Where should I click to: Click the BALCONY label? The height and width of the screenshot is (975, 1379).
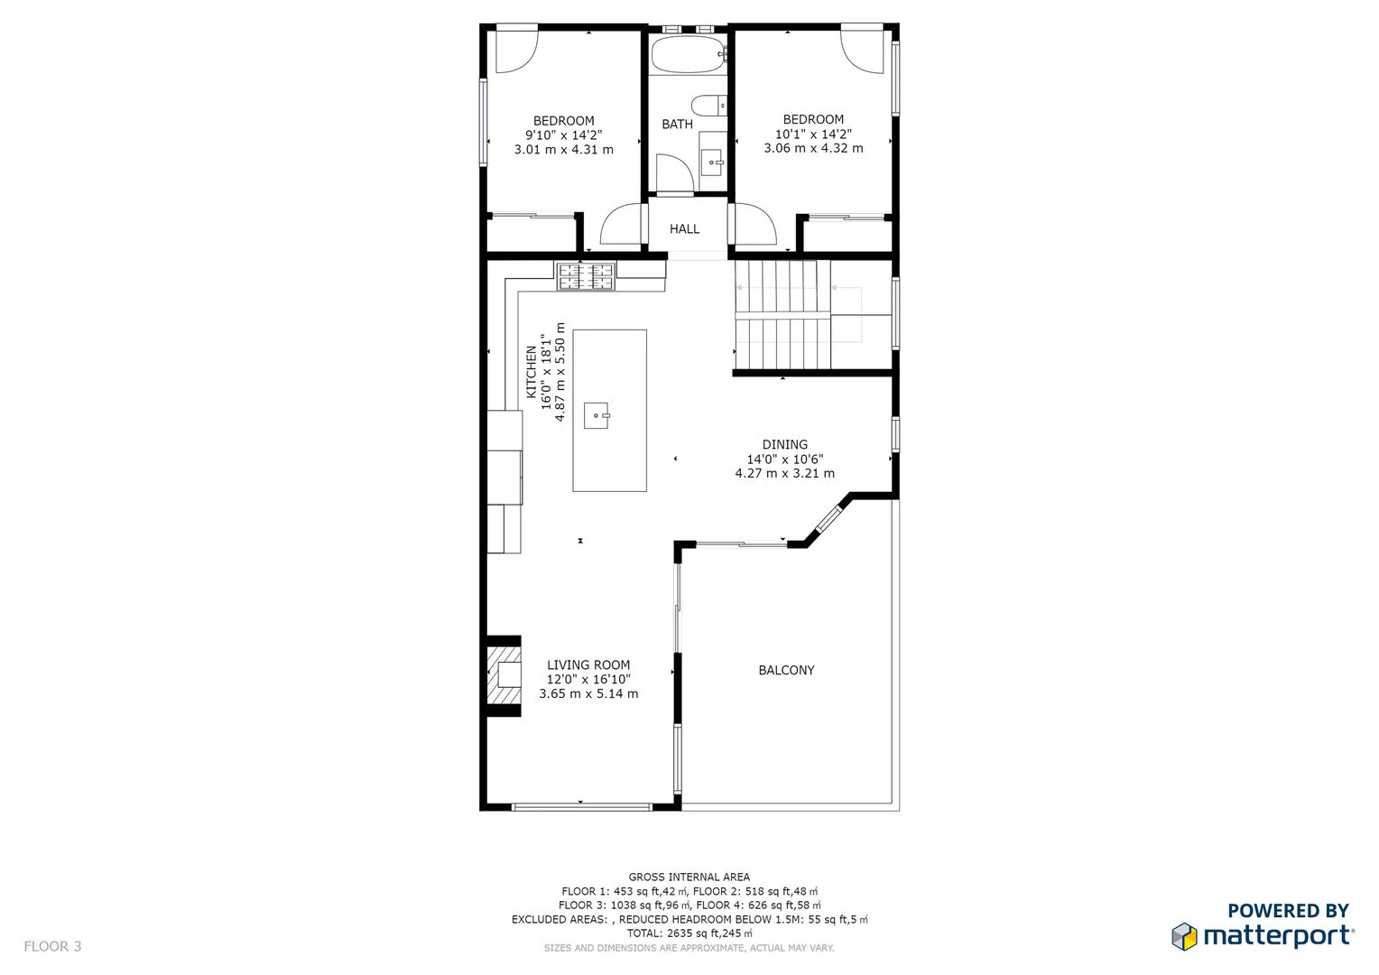click(x=786, y=670)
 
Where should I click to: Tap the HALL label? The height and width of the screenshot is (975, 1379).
click(x=684, y=229)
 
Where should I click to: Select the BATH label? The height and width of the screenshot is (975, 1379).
click(x=677, y=125)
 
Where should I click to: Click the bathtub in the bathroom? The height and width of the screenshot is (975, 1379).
click(x=688, y=54)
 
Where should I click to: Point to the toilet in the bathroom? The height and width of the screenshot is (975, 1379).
click(x=709, y=105)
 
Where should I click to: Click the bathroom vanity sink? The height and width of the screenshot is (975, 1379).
click(x=713, y=163)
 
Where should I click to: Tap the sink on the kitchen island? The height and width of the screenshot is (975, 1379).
click(x=596, y=415)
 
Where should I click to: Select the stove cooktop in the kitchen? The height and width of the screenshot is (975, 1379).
click(x=585, y=276)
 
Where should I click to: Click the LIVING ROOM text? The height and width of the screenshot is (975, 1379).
click(x=588, y=665)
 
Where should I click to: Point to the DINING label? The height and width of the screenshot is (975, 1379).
click(x=784, y=444)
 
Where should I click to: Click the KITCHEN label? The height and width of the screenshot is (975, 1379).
click(x=532, y=372)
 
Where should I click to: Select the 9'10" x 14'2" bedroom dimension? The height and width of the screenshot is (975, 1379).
click(x=563, y=135)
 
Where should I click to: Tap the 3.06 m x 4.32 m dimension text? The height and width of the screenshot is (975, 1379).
click(x=813, y=148)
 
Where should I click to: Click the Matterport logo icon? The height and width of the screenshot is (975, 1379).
click(x=1184, y=936)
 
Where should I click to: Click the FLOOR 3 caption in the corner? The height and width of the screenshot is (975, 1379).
click(x=52, y=946)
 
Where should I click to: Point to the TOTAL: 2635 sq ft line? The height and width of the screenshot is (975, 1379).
click(x=689, y=933)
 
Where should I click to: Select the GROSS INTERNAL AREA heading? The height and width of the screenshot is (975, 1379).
click(x=689, y=877)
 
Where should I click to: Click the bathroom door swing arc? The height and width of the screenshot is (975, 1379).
click(x=673, y=172)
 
